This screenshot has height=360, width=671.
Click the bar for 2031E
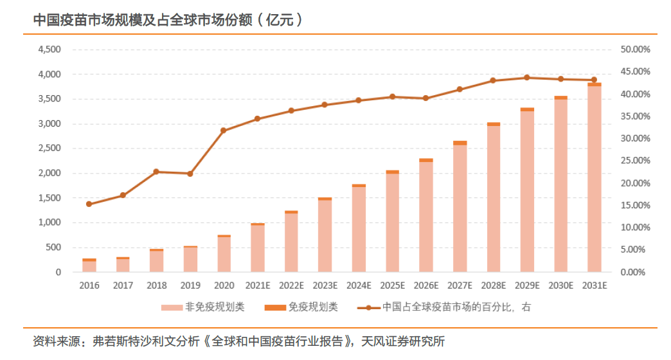point(594,178)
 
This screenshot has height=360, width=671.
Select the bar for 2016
point(89,265)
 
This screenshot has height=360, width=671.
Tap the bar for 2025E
point(392,222)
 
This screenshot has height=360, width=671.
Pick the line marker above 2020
point(224,130)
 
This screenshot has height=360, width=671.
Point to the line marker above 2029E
point(526,77)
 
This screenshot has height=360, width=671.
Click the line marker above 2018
point(156,172)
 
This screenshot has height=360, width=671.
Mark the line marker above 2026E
point(425,98)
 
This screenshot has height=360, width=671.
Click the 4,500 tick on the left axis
point(49,50)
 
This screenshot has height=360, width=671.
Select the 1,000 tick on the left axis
point(49,222)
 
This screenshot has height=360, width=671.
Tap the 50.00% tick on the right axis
point(635,50)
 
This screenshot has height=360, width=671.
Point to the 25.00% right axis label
point(635,161)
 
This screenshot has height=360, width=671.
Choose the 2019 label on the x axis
point(190,285)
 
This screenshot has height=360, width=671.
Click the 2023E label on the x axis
point(325,285)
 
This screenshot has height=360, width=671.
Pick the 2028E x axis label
point(493,285)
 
